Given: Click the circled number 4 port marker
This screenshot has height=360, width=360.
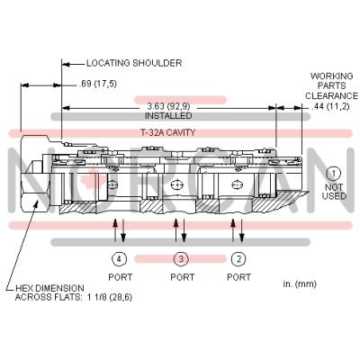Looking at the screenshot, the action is pyautogui.click(x=120, y=259).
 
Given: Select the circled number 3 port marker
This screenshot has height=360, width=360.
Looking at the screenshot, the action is pyautogui.click(x=181, y=259).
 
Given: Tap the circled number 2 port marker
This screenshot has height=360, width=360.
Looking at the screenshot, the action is pyautogui.click(x=238, y=259).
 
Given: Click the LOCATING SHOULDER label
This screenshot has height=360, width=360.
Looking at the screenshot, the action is pyautogui.click(x=134, y=63).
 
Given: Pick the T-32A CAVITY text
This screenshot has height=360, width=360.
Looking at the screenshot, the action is pyautogui.click(x=168, y=132).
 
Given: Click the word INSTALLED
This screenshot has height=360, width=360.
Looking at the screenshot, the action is pyautogui.click(x=168, y=115).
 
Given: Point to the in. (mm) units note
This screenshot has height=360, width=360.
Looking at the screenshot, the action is pyautogui.click(x=300, y=283).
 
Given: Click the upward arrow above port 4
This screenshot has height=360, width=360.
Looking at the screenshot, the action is pyautogui.click(x=115, y=230).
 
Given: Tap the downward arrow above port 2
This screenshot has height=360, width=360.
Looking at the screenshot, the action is pyautogui.click(x=242, y=230).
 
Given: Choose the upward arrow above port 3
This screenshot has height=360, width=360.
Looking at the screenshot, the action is pyautogui.click(x=176, y=230).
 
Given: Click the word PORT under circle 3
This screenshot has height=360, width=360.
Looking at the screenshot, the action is pyautogui.click(x=183, y=277).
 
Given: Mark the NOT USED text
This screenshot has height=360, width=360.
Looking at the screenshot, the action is pyautogui.click(x=334, y=192).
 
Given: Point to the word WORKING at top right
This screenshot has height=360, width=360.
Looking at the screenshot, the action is pyautogui.click(x=331, y=76).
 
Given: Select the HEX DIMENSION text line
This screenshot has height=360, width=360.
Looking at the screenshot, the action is pyautogui.click(x=49, y=288).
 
